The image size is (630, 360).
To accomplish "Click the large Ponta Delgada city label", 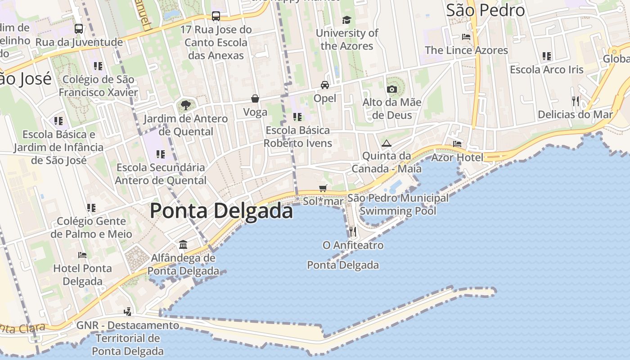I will (221, 211).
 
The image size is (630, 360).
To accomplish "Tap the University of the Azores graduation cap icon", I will (346, 20).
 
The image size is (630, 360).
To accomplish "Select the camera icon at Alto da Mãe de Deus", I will (392, 89).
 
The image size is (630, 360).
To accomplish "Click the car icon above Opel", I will (324, 85).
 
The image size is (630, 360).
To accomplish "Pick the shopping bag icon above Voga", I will (255, 99).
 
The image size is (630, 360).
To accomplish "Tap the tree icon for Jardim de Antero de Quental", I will (185, 106).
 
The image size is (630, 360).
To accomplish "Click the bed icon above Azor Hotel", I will (457, 144).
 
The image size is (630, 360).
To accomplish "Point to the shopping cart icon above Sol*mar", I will (323, 188).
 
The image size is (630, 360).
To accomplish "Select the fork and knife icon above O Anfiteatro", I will (353, 232).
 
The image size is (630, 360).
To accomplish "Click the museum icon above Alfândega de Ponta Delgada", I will (183, 245).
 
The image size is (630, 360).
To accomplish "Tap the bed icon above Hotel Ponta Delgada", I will (82, 255).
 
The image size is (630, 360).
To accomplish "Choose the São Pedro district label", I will (485, 10).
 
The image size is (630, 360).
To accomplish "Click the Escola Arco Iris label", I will (546, 70).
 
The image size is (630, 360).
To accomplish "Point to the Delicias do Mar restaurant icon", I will (575, 101).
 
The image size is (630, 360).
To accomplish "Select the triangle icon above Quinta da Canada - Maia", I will (386, 144).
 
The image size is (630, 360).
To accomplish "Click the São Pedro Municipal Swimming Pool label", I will (398, 204).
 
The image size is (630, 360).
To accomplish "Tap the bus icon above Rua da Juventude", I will (79, 29).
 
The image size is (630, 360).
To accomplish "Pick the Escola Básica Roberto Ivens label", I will (298, 137).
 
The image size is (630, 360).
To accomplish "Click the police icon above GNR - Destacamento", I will (128, 311).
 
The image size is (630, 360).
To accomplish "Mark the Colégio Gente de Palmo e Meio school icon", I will (91, 208).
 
